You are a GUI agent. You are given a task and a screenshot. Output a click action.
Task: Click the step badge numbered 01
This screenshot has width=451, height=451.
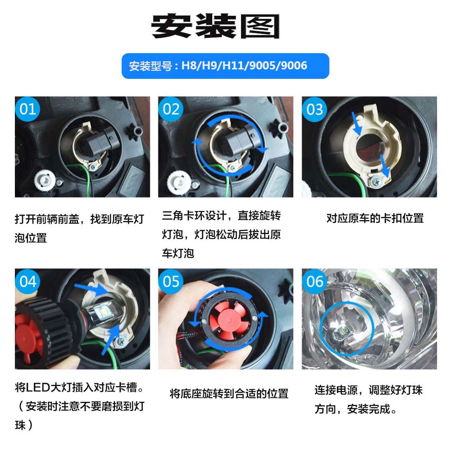click(x=28, y=109)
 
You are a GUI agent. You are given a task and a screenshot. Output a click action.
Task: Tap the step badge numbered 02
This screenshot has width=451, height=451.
click(x=171, y=109)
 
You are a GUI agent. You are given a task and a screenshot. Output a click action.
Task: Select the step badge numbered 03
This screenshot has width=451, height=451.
click(x=314, y=109)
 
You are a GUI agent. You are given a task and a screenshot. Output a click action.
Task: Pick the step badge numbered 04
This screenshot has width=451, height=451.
click(x=28, y=281)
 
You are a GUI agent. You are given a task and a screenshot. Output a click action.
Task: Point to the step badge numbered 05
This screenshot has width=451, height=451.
click(x=171, y=281)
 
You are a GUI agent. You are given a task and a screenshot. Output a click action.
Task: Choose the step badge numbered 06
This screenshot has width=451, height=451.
click(x=314, y=281)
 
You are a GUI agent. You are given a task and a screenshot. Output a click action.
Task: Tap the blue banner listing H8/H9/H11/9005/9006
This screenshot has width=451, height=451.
click(x=225, y=66)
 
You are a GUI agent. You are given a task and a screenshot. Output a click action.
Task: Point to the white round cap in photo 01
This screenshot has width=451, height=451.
click(x=45, y=181)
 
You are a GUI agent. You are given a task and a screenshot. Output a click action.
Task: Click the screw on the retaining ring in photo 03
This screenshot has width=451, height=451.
click(x=376, y=181)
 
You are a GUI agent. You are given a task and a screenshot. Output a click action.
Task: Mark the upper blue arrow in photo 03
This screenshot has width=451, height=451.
click(x=356, y=124)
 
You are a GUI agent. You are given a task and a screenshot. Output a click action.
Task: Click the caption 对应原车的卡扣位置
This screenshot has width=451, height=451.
click(x=375, y=218)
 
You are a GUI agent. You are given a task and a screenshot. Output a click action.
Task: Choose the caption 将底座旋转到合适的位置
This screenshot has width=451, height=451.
click(x=229, y=393)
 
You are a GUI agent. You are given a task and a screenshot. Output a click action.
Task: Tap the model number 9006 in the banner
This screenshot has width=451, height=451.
click(x=294, y=65)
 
